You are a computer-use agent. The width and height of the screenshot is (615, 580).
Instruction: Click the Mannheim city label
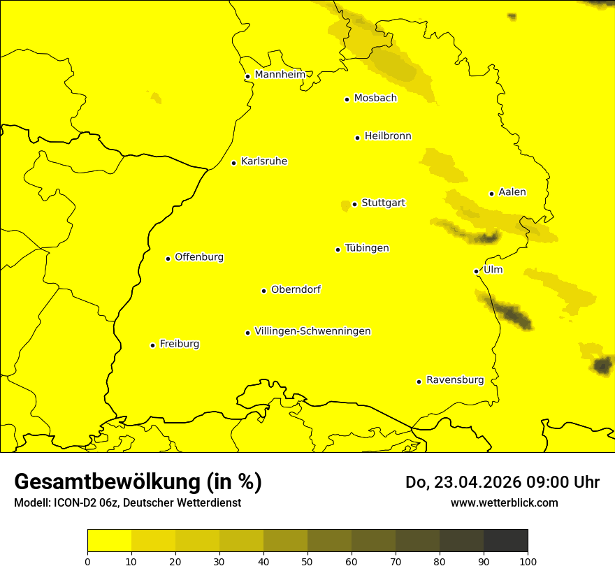click(x=280, y=75)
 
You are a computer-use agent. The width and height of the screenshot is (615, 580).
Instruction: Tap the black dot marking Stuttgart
click(x=354, y=204)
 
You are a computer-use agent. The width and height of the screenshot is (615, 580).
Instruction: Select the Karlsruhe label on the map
click(x=263, y=161)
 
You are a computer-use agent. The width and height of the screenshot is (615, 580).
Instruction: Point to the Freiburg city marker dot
click(x=152, y=345)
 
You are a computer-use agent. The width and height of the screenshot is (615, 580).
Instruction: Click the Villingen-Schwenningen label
click(x=312, y=331)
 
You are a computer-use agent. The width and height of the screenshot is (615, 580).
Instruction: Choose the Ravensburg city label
click(x=454, y=380)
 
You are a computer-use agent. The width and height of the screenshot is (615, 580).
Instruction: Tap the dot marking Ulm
click(x=476, y=271)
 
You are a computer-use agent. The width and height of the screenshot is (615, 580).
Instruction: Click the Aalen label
click(x=512, y=192)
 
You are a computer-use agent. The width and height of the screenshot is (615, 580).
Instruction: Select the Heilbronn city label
click(x=387, y=136)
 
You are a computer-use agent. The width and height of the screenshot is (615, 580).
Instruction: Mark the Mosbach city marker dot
click(x=347, y=99)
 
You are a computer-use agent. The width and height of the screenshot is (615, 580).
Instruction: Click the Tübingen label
click(x=366, y=248)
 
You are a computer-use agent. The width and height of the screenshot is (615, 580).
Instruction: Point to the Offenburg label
click(x=198, y=257)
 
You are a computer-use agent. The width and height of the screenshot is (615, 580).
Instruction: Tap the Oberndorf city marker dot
click(x=263, y=291)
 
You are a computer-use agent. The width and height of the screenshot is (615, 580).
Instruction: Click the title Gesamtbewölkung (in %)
click(x=138, y=482)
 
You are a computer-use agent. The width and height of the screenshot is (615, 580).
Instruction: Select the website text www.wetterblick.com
click(x=504, y=503)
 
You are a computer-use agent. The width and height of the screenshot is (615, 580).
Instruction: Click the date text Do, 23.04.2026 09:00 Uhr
click(x=502, y=482)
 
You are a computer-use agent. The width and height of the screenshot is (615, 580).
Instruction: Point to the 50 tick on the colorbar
click(x=307, y=560)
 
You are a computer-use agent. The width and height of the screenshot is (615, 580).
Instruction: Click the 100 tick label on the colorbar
click(x=527, y=560)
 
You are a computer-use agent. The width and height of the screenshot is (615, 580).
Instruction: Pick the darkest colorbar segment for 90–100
click(x=505, y=540)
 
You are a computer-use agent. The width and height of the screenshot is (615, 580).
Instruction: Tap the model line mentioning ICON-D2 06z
click(x=127, y=503)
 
